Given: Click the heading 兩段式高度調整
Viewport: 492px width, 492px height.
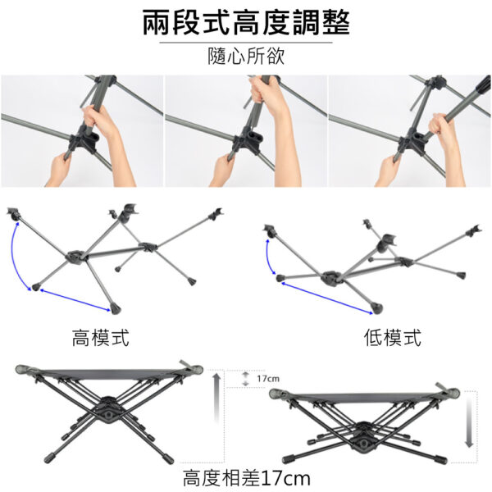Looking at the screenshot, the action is click(246, 23).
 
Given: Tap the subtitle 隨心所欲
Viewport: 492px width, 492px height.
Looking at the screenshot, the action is click(246, 56).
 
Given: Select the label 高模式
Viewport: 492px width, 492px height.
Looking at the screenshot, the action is click(100, 338).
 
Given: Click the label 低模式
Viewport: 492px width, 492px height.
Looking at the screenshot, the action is click(393, 338).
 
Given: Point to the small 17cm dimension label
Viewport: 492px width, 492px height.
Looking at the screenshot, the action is click(268, 379).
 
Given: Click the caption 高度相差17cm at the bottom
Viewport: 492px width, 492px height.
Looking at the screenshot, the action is click(247, 478).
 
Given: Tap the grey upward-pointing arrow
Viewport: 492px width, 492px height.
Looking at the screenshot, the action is click(216, 397).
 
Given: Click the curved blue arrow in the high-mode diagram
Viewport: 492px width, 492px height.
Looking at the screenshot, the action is click(13, 257).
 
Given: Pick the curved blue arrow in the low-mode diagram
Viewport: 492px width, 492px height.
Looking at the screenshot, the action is click(267, 257).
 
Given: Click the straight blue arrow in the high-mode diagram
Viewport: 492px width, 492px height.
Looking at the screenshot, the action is click(75, 300).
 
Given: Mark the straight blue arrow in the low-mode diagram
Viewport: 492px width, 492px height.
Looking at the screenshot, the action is click(327, 298).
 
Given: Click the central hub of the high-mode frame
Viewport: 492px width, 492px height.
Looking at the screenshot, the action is click(75, 257).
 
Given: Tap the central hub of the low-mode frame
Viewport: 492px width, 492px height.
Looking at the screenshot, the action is click(332, 277).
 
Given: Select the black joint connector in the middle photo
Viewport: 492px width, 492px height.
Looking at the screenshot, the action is click(248, 140).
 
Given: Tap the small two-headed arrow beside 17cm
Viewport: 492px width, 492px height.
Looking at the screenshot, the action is click(246, 379).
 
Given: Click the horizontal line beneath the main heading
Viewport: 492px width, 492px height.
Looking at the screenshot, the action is click(246, 43).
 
